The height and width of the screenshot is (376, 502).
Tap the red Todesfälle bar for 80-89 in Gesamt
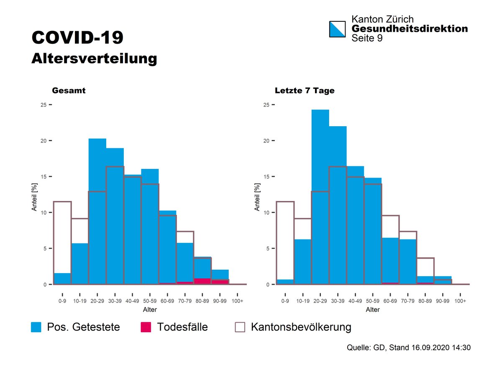point(202,281)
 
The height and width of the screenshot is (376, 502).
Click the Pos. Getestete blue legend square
point(36,327)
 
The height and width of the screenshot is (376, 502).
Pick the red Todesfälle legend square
point(146,327)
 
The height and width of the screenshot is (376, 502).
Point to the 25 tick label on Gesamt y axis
point(44,105)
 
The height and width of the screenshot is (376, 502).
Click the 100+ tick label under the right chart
point(460,301)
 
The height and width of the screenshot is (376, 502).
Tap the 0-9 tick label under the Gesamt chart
point(62,301)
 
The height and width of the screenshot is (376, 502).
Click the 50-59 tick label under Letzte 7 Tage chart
point(372,301)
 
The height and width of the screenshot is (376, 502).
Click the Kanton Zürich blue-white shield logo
point(338,29)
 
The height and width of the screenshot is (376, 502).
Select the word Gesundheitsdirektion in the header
point(410,29)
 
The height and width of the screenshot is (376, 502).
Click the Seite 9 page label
point(367,38)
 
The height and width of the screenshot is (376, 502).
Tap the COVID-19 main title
point(77,37)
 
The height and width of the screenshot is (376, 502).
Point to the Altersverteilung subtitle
point(94,58)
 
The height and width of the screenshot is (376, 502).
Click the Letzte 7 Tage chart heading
point(305,90)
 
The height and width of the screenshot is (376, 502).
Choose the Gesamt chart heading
point(69,90)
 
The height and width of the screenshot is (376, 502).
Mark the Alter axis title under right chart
point(373,310)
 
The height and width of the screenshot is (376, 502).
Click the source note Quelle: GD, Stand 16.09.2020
point(409,348)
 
